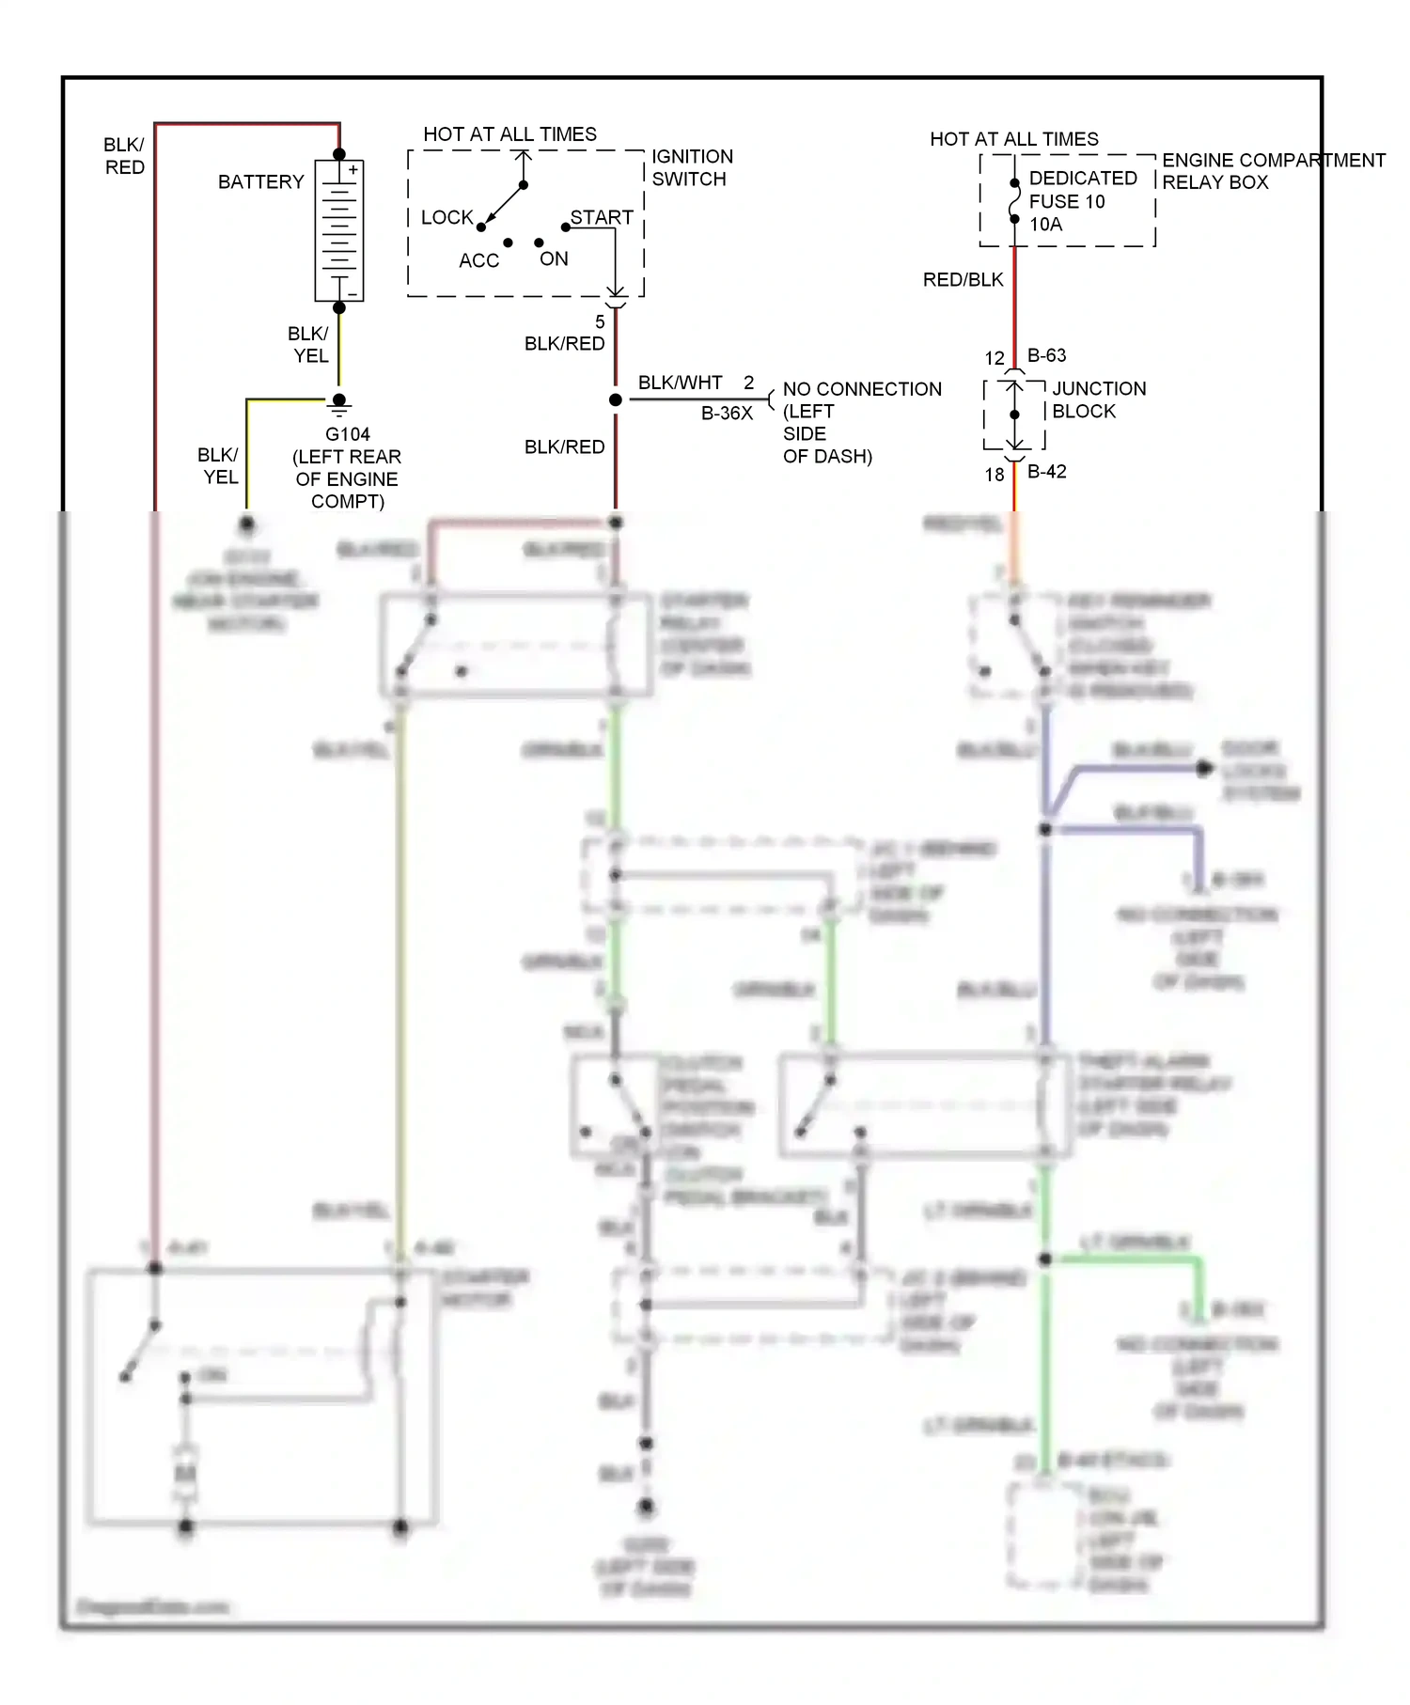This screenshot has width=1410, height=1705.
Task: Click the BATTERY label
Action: coord(260,181)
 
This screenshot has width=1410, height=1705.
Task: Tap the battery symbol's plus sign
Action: coord(353,170)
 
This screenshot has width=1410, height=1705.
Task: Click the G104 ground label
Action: coord(347,434)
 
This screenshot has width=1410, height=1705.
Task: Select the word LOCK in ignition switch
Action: coord(446,217)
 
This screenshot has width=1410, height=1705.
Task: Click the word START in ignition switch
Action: coord(602,217)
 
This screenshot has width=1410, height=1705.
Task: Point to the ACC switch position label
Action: coord(478,260)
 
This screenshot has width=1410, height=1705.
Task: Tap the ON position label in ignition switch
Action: coord(554,258)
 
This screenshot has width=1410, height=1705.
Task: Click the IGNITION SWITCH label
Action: coord(692,167)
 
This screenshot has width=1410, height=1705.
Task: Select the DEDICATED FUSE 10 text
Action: coord(1082,189)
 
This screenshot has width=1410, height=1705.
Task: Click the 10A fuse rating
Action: coord(1045,224)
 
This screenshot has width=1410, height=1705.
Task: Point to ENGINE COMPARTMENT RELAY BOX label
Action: coord(1273,171)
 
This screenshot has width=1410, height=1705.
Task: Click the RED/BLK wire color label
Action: coord(963,279)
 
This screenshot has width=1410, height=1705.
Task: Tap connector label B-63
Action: coord(1046,355)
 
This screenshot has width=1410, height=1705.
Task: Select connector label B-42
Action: coord(1046,472)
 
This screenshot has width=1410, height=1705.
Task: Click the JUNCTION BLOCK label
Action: coord(1098,399)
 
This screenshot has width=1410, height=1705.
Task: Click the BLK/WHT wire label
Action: coord(680,383)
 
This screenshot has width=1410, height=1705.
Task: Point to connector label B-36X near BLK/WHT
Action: coord(727,413)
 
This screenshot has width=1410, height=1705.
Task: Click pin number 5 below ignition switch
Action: coord(600,321)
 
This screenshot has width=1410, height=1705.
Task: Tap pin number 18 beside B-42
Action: coord(995,475)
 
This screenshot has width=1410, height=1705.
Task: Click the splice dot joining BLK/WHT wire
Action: coord(616,399)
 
